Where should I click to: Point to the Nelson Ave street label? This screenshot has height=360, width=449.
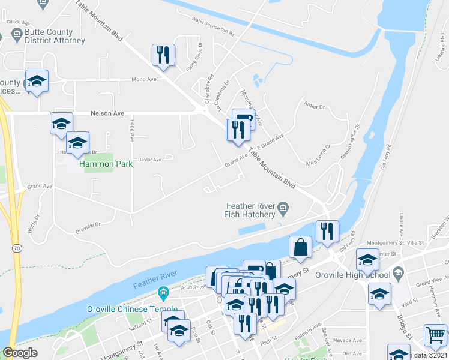(107, 113)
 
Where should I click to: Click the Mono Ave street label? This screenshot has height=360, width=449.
(143, 79)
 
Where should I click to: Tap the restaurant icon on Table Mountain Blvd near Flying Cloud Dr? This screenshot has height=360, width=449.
(163, 55)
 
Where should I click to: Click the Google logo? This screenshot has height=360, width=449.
(20, 352)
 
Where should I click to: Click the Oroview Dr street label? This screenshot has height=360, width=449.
(88, 225)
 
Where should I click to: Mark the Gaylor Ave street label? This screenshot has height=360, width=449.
(149, 160)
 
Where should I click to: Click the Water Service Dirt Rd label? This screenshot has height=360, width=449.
(212, 24)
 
